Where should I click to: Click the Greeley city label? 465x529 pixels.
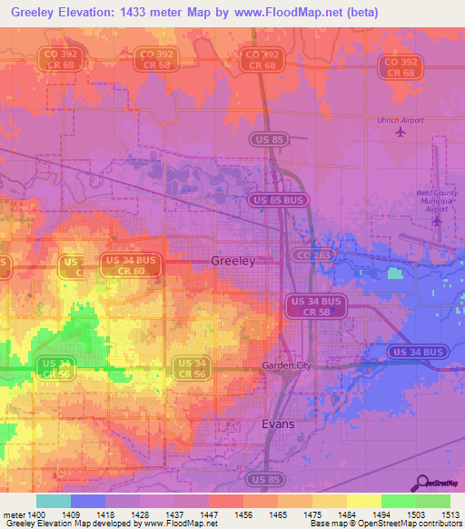(232, 260)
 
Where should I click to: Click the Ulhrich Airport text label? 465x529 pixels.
(401, 119)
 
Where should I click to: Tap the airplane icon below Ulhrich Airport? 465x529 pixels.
(401, 133)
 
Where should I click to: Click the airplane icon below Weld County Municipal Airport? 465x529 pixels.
(437, 220)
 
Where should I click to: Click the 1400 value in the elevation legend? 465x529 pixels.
(36, 514)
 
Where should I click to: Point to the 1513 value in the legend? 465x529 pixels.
(450, 514)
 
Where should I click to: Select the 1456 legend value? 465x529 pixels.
(243, 514)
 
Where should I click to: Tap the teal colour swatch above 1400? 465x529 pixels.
(53, 501)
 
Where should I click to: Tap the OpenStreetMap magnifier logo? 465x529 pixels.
(421, 484)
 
